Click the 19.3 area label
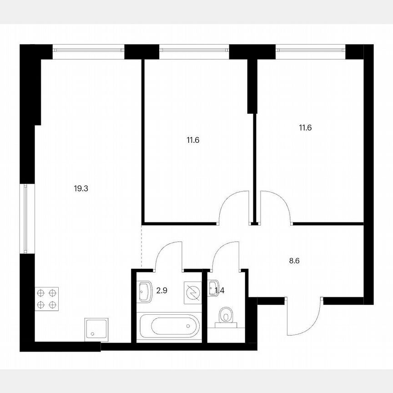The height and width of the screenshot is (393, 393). click(81, 187)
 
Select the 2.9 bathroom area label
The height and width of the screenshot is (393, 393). click(161, 290)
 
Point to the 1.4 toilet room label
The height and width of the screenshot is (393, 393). click(220, 290)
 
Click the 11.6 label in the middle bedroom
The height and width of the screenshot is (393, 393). click(193, 140)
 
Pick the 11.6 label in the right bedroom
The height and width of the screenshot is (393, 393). click(305, 128)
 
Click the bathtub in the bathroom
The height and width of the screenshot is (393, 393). click(169, 326)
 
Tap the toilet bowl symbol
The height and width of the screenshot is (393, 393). click(226, 316)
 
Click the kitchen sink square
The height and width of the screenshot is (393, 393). click(96, 329)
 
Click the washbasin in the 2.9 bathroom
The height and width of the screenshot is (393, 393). click(146, 290)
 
